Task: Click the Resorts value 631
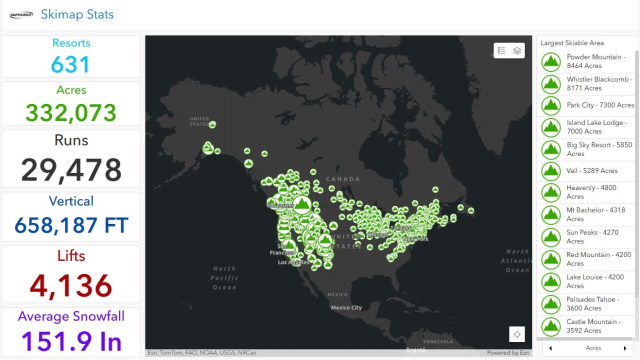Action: [x=70, y=65]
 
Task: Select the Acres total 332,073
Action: [x=71, y=113]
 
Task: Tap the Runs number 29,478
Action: [x=71, y=170]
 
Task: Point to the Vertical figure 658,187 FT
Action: [x=71, y=225]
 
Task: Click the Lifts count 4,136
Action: [x=71, y=285]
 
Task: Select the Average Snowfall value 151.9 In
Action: [x=71, y=341]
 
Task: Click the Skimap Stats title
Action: [x=77, y=14]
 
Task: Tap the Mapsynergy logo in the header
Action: [x=21, y=15]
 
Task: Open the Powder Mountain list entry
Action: [x=595, y=61]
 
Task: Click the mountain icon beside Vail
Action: [x=551, y=171]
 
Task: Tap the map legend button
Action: [x=501, y=50]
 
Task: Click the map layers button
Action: [x=517, y=50]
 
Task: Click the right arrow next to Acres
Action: [x=624, y=348]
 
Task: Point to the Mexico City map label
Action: [x=346, y=307]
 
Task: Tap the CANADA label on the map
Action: [x=342, y=179]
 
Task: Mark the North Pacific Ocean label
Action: [x=224, y=278]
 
